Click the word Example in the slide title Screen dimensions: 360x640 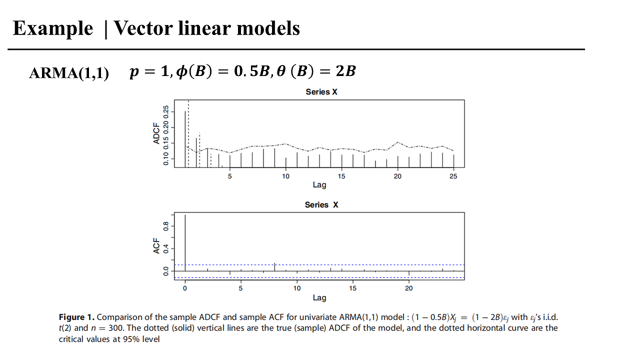pyautogui.click(x=52, y=28)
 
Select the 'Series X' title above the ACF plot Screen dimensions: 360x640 pyautogui.click(x=321, y=205)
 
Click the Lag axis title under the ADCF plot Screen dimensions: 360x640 pyautogui.click(x=319, y=184)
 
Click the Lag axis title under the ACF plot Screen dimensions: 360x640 pyautogui.click(x=319, y=297)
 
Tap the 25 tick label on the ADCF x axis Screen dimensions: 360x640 pyautogui.click(x=453, y=176)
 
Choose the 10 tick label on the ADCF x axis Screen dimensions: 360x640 pyautogui.click(x=285, y=176)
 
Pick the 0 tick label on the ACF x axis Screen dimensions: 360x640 pyautogui.click(x=185, y=288)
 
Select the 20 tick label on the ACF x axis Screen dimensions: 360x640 pyautogui.click(x=409, y=288)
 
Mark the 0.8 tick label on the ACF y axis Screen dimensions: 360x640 pyautogui.click(x=165, y=226)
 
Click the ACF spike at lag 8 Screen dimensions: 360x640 pyautogui.click(x=274, y=266)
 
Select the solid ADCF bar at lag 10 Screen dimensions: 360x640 pyautogui.click(x=285, y=162)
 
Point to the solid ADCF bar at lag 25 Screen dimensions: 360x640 pyautogui.click(x=453, y=160)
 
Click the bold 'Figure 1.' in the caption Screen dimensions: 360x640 pyautogui.click(x=76, y=317)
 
